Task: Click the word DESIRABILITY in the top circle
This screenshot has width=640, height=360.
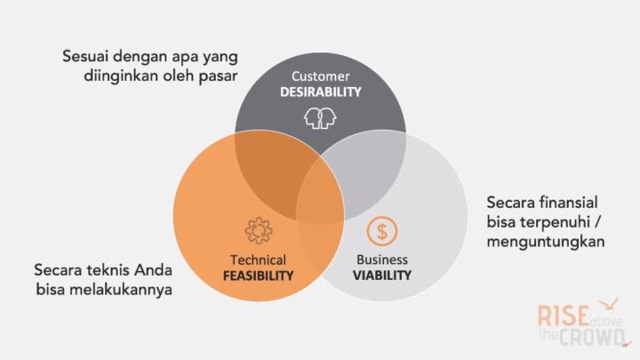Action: [321, 92]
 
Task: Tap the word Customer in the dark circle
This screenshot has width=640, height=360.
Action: [321, 76]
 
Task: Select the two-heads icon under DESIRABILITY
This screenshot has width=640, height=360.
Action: [321, 117]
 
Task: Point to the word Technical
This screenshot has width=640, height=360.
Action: [258, 260]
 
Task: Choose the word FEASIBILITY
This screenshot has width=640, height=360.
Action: [258, 276]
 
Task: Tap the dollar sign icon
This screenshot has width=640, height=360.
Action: [382, 231]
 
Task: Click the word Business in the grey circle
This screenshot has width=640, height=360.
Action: [382, 260]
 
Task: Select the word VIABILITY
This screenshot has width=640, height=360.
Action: [382, 276]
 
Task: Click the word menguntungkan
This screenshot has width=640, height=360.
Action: [546, 241]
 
